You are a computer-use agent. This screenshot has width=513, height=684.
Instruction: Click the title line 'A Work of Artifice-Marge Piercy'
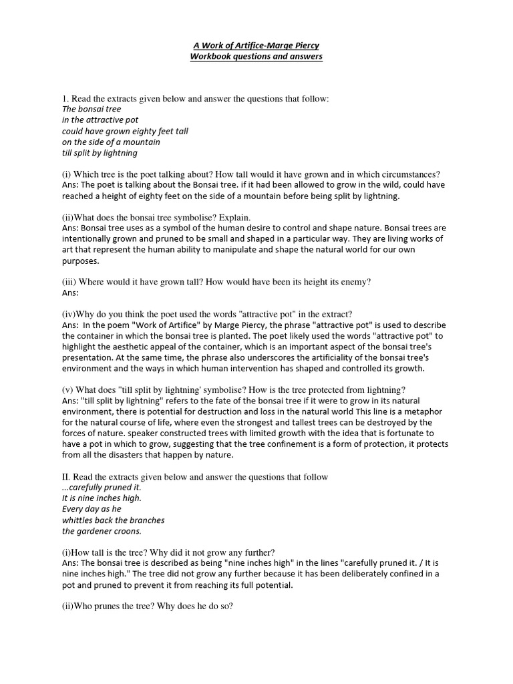click(x=257, y=45)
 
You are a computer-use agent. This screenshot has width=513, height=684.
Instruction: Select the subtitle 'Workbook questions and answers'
click(x=257, y=57)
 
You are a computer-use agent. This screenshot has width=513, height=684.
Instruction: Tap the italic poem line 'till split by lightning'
click(x=100, y=153)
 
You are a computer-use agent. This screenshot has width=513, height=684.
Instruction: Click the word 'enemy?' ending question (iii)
click(x=355, y=283)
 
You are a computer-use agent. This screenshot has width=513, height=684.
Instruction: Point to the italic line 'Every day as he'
click(x=92, y=509)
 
